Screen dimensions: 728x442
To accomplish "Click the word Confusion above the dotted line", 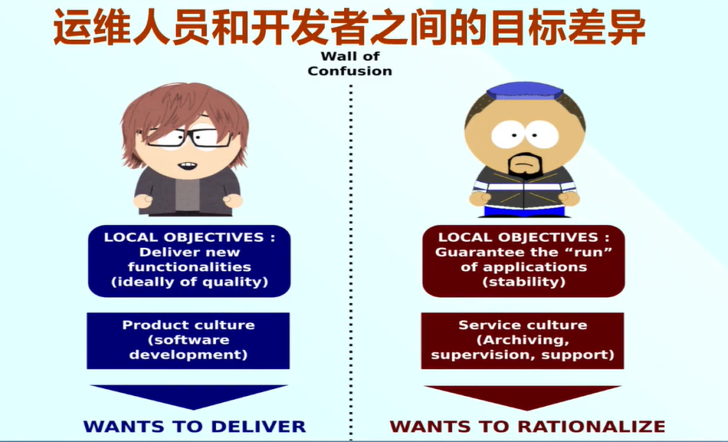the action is [349, 71].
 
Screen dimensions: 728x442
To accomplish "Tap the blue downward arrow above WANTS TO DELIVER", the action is [189, 396].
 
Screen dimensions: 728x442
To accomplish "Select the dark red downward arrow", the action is [523, 397].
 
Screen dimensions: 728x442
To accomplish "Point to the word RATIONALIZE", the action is [592, 426].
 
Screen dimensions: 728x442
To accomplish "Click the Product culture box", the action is [188, 341].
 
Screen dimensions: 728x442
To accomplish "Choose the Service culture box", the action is [523, 341].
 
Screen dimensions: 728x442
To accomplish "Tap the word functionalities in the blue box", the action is [189, 267].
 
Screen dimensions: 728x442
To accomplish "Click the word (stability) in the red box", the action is [523, 282].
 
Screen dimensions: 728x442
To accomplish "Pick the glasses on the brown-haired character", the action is [185, 137].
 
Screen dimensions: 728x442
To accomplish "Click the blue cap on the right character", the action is [525, 91].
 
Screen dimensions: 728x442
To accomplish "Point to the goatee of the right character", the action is [525, 167].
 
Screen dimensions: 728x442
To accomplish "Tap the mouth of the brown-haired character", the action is [188, 166].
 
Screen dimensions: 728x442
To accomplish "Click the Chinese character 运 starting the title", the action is [73, 27].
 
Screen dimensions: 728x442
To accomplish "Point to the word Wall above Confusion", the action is [336, 56].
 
